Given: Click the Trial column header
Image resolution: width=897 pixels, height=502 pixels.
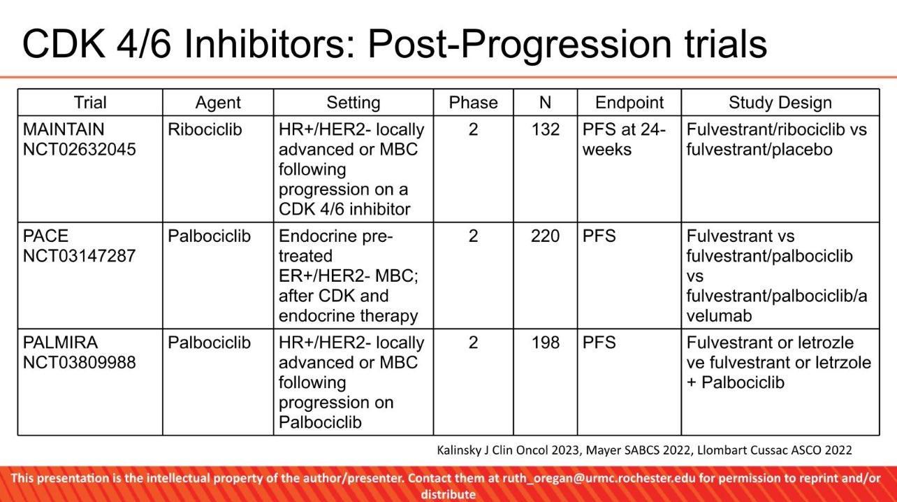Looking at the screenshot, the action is tap(90, 103).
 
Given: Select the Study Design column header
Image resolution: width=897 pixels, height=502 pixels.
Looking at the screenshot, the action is tap(780, 103).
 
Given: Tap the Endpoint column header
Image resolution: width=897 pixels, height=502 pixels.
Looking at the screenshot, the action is tap(629, 103).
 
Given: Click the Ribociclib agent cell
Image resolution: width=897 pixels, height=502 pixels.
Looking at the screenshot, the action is tap(205, 129).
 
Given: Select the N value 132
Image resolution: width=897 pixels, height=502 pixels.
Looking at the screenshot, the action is tap(545, 129).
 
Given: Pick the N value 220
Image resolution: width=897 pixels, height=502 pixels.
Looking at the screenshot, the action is tap(545, 236).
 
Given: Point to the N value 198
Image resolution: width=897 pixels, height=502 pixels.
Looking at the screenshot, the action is tap(545, 343).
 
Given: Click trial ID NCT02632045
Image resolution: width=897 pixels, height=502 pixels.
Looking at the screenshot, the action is tap(79, 150).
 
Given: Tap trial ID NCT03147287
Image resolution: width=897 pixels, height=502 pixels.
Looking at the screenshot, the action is tap(79, 256).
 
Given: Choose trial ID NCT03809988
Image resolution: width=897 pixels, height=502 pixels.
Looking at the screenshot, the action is tap(79, 363).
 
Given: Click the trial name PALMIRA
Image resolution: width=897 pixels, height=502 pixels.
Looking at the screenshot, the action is tap(60, 343).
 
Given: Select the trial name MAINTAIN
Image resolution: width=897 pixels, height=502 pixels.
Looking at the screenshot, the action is tap(64, 129).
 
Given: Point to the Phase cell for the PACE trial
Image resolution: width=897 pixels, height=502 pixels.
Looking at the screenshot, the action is tap(473, 236).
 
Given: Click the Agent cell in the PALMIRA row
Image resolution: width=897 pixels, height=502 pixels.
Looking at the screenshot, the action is tap(209, 343).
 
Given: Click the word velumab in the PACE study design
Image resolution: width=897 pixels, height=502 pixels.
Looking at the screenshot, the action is tap(719, 316).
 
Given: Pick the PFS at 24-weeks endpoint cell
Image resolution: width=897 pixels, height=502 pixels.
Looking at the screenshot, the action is tap(623, 139).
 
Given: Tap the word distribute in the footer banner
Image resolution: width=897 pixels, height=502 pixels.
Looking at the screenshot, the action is tap(448, 494).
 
